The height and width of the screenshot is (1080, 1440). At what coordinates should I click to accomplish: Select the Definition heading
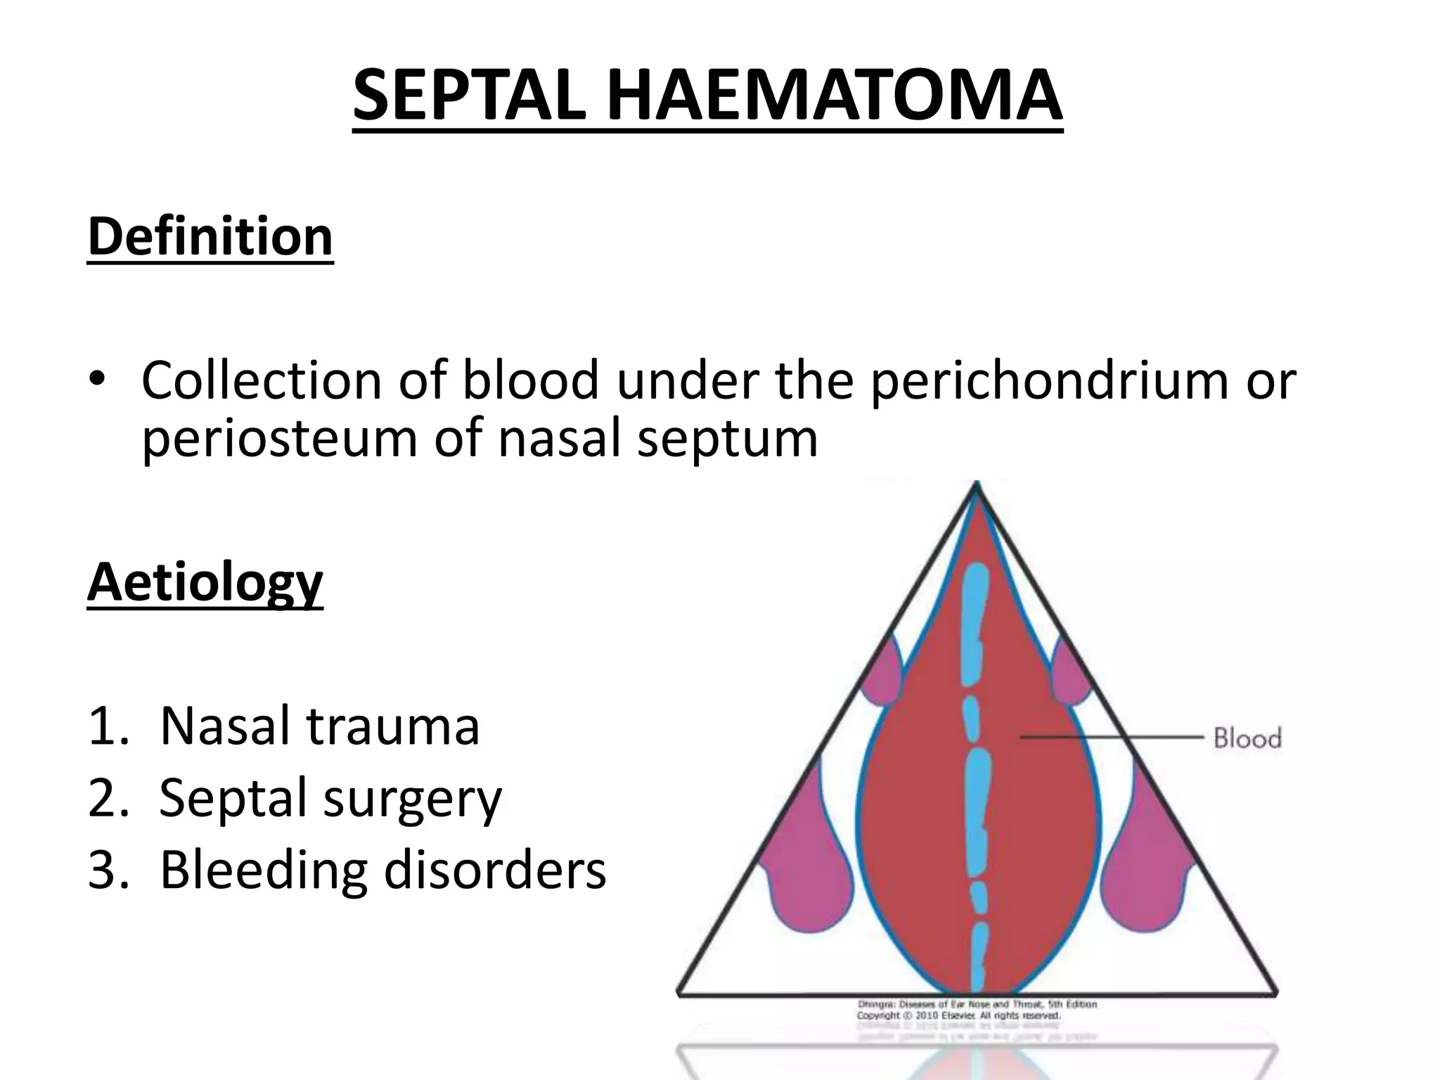click(210, 237)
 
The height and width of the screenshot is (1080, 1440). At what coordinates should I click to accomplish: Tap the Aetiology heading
click(205, 583)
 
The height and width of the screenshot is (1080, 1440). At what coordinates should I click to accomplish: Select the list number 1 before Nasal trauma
click(106, 726)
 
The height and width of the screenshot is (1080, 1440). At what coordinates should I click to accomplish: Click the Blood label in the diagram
click(1247, 738)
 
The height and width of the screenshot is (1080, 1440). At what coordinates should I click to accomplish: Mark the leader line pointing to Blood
click(1111, 737)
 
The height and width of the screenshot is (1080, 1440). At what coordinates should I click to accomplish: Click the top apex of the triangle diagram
click(976, 485)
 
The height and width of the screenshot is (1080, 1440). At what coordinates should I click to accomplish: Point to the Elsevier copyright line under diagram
click(958, 1016)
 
